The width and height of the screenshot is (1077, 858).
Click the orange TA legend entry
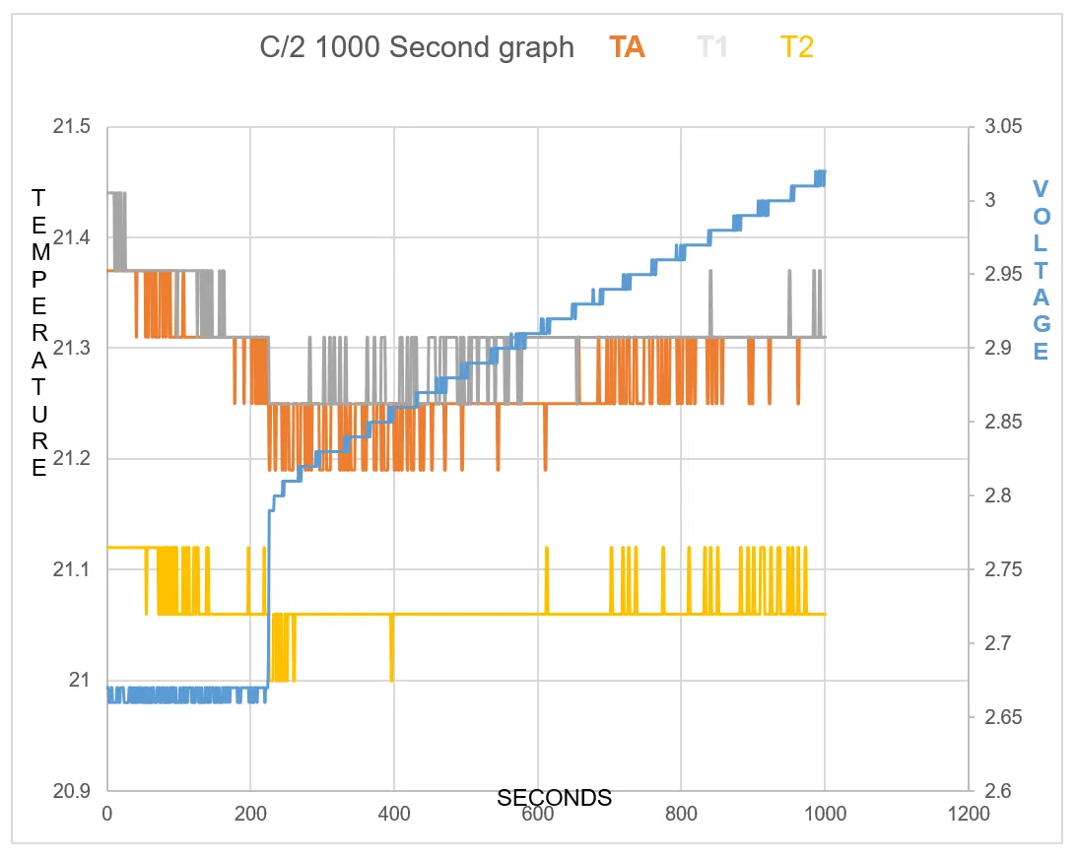(x=627, y=47)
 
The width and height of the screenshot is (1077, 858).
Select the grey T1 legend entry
(x=712, y=47)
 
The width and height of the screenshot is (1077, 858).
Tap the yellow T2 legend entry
(x=796, y=47)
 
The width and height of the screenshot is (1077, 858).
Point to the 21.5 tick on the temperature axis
(x=72, y=127)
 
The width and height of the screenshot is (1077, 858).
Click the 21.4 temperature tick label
(x=72, y=237)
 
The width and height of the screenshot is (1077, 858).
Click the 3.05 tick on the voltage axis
(x=1002, y=127)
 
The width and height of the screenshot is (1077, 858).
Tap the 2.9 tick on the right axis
(x=997, y=348)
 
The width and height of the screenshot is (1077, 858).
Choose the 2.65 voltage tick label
(x=1002, y=717)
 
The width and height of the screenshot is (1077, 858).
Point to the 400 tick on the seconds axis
(x=394, y=815)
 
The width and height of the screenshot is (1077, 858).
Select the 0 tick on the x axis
(x=107, y=815)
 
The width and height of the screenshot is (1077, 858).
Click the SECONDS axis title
(x=554, y=798)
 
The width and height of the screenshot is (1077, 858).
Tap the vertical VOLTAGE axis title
(x=1042, y=270)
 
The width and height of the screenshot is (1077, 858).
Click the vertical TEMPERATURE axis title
(x=38, y=332)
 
